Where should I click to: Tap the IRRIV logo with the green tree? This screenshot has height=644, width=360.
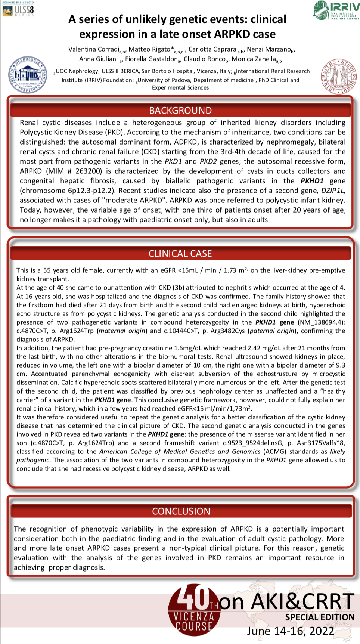tap(336, 10)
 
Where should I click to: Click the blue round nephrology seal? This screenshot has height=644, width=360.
tap(28, 75)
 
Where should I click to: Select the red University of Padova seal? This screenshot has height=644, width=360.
tap(339, 76)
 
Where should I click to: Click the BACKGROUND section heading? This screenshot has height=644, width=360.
tap(180, 111)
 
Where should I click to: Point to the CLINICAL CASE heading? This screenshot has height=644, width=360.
tap(180, 254)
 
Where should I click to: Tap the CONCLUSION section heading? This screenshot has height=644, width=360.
tap(181, 511)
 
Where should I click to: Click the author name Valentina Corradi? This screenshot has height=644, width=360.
tap(94, 49)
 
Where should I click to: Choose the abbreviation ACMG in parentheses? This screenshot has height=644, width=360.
tap(275, 452)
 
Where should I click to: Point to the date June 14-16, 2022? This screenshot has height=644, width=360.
tap(291, 631)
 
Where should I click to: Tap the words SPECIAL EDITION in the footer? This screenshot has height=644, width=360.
tap(320, 617)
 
